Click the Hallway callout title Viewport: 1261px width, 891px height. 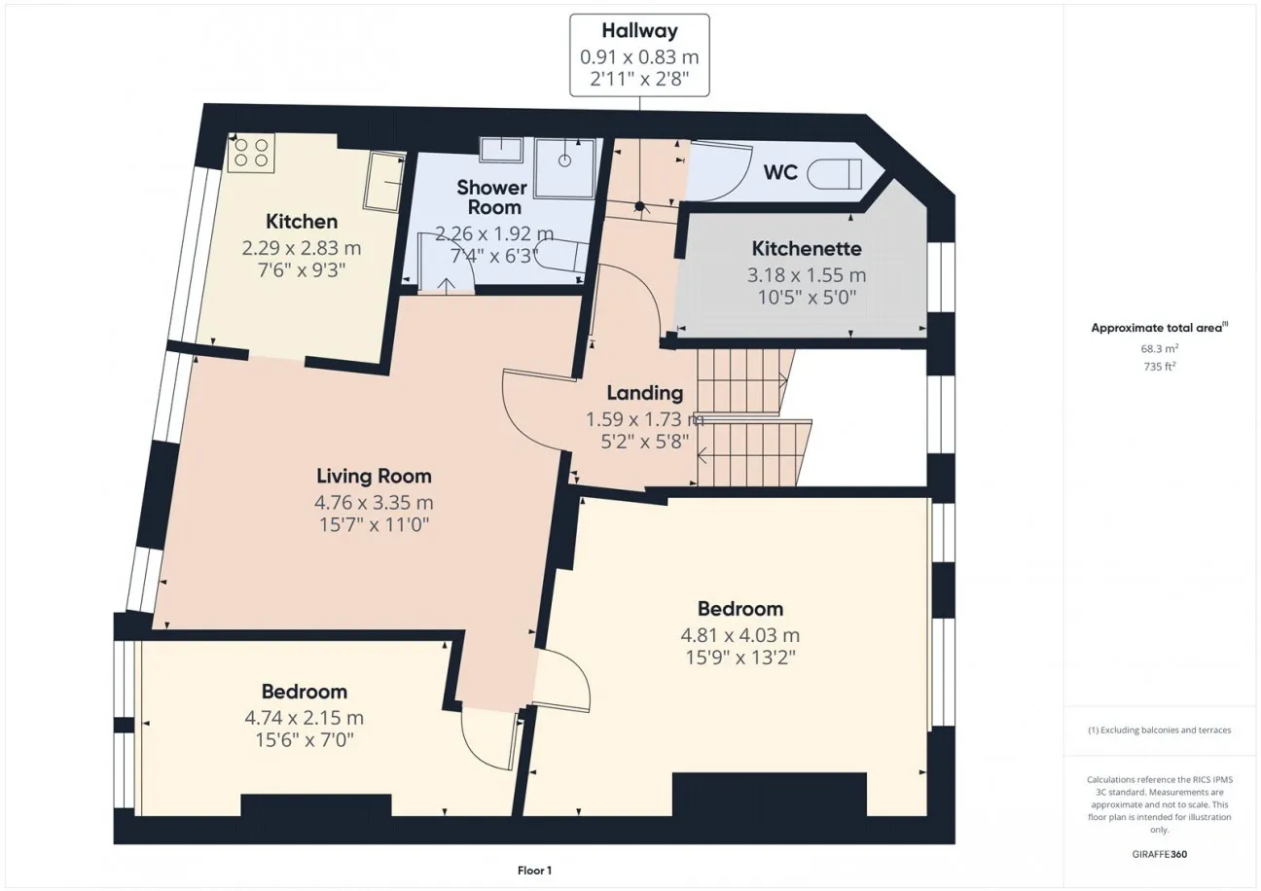coord(639,30)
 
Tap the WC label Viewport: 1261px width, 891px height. coord(780,172)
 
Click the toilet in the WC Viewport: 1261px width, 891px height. coord(834,174)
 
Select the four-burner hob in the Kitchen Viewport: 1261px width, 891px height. coord(251,153)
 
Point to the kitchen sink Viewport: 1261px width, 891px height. coord(385,181)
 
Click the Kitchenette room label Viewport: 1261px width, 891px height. coord(807,249)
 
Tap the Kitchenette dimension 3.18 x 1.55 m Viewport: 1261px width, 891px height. coord(807,275)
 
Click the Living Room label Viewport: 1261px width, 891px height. coord(374,477)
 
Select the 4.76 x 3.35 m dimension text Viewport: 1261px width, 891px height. coord(374,502)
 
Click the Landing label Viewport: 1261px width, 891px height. coord(645,393)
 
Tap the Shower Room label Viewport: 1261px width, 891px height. coord(492,197)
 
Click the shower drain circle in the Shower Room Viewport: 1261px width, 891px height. coord(564,160)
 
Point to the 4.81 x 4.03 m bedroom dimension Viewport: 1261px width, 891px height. coord(740,635)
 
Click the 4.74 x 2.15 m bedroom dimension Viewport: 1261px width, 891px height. coord(304,718)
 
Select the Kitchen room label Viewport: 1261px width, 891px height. coord(302,222)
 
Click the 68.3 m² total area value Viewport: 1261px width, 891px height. coord(1160,348)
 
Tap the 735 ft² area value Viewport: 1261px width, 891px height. coord(1160,367)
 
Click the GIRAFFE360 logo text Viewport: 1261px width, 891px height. coord(1160,854)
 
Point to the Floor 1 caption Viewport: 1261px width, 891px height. coord(535,871)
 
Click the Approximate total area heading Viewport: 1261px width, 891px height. coord(1160,328)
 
